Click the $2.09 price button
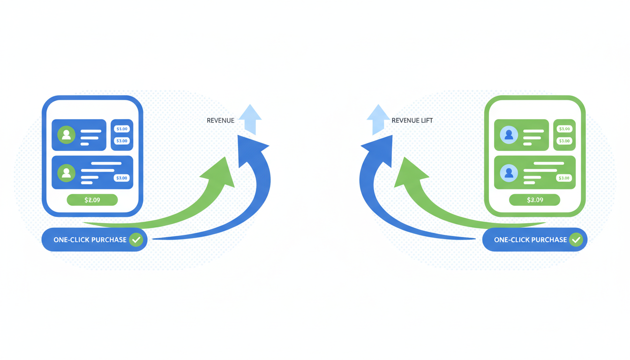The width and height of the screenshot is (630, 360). tap(92, 200)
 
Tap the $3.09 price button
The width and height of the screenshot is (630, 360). tap(534, 200)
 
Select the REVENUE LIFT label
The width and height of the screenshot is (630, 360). tap(412, 120)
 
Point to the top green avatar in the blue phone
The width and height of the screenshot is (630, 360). tap(66, 135)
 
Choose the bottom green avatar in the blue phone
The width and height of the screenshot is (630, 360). tap(66, 173)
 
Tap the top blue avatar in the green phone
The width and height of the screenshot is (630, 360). tap(509, 135)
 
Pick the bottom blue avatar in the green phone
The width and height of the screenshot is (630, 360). tap(509, 173)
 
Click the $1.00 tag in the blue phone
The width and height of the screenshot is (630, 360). tap(122, 129)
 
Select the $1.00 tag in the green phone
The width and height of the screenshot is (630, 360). tap(564, 129)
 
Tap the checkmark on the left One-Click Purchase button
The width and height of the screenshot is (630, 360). tap(136, 240)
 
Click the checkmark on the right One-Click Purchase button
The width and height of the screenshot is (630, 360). tap(576, 240)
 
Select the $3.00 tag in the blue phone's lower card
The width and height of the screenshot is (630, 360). tap(122, 178)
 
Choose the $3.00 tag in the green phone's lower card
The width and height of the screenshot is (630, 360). tap(564, 178)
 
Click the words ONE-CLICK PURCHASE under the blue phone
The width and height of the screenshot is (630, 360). tap(90, 240)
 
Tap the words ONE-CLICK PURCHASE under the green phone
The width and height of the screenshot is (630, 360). tap(530, 240)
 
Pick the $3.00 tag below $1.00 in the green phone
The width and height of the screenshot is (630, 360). tap(564, 141)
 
